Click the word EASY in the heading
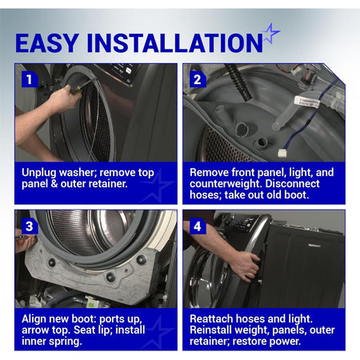[x=47, y=42]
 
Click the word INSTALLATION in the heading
[x=175, y=42]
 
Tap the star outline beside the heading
[x=271, y=34]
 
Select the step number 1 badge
[x=29, y=79]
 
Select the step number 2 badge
[x=198, y=79]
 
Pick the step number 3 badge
[x=29, y=226]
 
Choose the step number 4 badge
[x=198, y=226]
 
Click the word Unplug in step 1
[x=38, y=173]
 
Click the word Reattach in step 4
[x=211, y=318]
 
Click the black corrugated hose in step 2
[x=238, y=82]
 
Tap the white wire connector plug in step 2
[x=282, y=153]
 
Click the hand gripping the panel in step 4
[x=246, y=266]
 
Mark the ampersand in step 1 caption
[x=54, y=184]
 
